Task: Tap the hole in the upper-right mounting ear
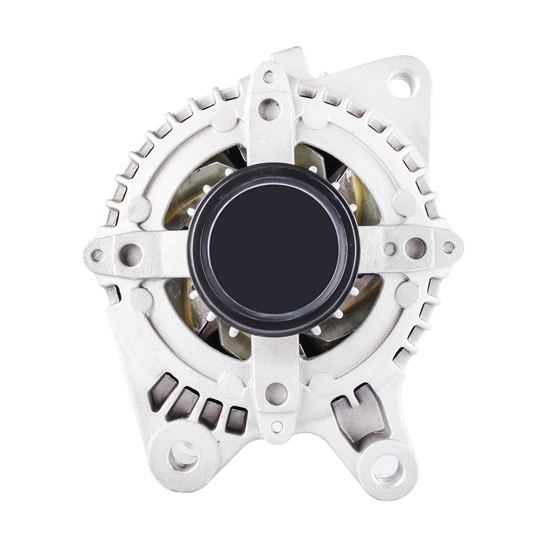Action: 400,84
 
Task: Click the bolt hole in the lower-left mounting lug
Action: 183,456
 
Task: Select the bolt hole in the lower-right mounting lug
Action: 387,469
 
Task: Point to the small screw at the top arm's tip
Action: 269,77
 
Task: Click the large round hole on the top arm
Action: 269,109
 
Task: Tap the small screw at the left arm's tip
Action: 98,255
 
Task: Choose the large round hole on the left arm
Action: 131,254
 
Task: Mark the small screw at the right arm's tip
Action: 448,247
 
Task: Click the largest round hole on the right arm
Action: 415,248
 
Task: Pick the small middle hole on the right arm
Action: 390,249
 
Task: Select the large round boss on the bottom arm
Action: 276,394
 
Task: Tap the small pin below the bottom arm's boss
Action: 277,427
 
